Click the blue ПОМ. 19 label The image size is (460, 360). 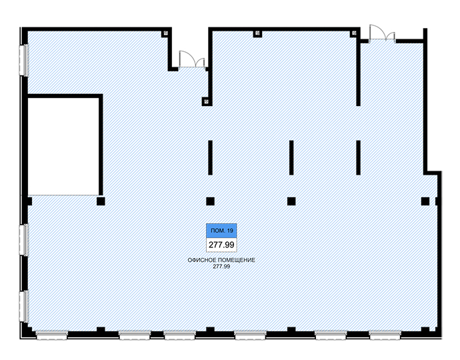point(221,231)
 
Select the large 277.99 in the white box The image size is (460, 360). point(221,245)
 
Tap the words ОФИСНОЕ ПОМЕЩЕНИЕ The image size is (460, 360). point(221,260)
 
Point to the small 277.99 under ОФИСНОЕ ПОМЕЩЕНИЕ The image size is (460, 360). point(221,267)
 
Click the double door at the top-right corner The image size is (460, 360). point(382,33)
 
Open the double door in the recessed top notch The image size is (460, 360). point(192,60)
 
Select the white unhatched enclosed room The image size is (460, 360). point(63,147)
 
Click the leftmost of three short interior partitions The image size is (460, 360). point(210,158)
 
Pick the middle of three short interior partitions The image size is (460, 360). point(291,158)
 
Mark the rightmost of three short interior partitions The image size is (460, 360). point(358,158)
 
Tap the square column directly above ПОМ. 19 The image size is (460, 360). point(210,201)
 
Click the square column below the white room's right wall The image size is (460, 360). point(101,201)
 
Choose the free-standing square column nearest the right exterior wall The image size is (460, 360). point(425,201)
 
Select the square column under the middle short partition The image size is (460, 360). point(291,201)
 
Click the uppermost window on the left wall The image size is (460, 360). point(23,60)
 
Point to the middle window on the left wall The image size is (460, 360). point(23,240)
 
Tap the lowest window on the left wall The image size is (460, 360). point(23,306)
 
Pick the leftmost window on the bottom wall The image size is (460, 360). point(51,335)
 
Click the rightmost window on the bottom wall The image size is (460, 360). point(385,335)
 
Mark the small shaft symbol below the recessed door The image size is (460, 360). point(206,101)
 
